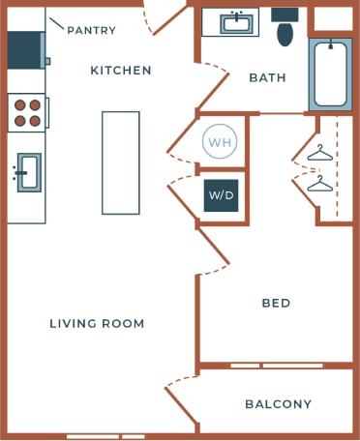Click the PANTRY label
91,30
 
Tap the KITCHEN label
121,70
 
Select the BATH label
267,77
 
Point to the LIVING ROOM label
97,323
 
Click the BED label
277,303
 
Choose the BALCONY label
278,404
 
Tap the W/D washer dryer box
222,194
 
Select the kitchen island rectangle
121,162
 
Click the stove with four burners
27,113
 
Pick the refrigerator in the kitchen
25,48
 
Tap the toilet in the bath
285,29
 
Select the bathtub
331,73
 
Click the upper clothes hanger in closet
319,153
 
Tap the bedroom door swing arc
215,250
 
